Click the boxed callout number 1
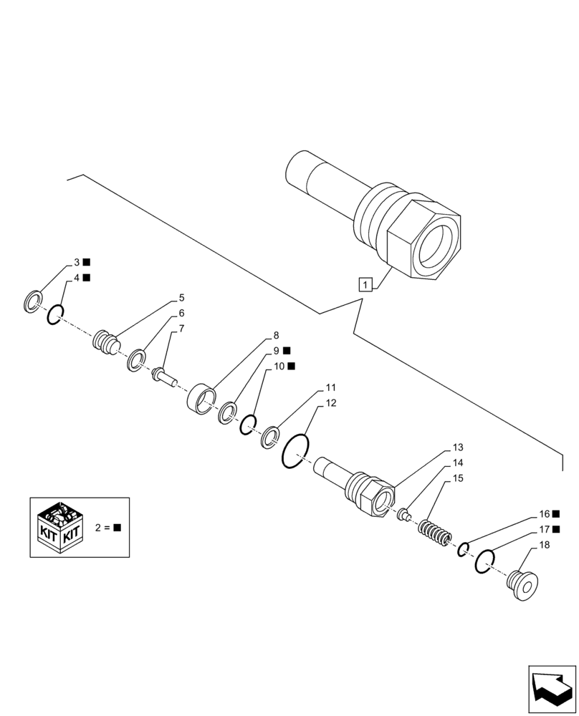[365, 285]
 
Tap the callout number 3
[77, 262]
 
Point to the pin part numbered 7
[163, 374]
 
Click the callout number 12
[330, 403]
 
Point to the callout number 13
[458, 447]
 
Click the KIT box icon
[60, 528]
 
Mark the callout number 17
[545, 530]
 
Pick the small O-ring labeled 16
[464, 549]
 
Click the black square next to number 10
[291, 366]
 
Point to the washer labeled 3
[32, 303]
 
